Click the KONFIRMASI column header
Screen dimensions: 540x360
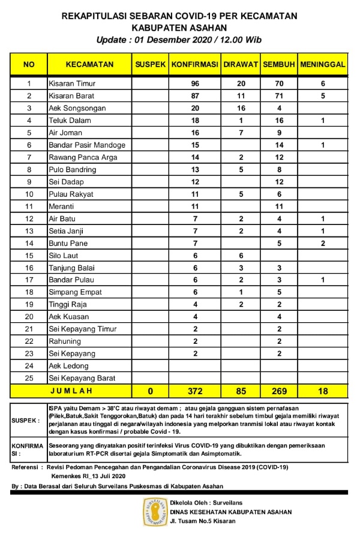click(x=194, y=64)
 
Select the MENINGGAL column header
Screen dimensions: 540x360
click(x=323, y=64)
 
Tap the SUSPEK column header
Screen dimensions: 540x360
click(x=150, y=64)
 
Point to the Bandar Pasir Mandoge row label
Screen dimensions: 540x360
click(x=87, y=145)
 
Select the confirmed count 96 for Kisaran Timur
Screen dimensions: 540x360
click(x=194, y=83)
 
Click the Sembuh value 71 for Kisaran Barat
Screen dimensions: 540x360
click(x=278, y=96)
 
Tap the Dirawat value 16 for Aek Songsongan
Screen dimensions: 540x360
click(x=240, y=108)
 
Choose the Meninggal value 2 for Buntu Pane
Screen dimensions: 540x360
click(x=323, y=243)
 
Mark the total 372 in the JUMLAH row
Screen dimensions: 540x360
click(x=194, y=391)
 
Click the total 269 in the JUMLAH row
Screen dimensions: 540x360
click(x=278, y=391)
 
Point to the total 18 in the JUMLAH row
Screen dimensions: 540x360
click(x=323, y=391)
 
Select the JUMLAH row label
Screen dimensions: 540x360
click(x=70, y=391)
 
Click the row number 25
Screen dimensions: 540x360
click(x=29, y=378)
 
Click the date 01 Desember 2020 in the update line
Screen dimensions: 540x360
click(x=175, y=40)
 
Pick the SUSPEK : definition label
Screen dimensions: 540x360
click(x=25, y=420)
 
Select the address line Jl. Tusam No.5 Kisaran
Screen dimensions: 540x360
click(x=203, y=521)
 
